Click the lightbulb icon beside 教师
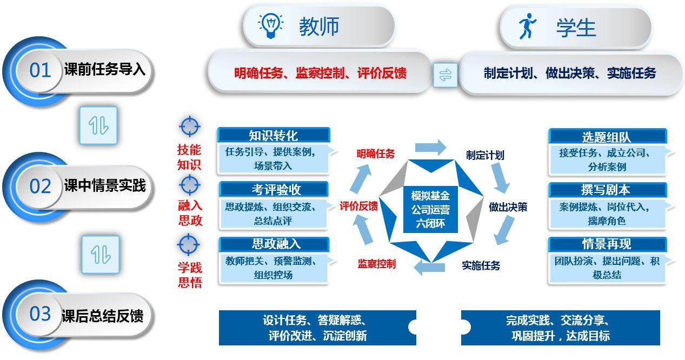click(x=271, y=26)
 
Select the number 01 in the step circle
click(x=40, y=70)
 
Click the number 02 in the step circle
click(x=40, y=186)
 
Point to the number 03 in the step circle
click(x=40, y=314)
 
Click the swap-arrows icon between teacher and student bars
click(x=445, y=75)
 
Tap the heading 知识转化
click(x=273, y=135)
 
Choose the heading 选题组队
click(x=606, y=137)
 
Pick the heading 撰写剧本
click(x=606, y=190)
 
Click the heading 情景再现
click(x=606, y=244)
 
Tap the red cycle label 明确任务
click(x=375, y=154)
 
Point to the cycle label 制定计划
click(x=485, y=155)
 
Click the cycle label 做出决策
click(x=508, y=207)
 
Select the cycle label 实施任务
click(x=481, y=265)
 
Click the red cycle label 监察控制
click(x=376, y=264)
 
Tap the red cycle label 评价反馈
click(x=358, y=206)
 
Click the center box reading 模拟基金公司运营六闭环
click(x=430, y=209)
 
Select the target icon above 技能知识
click(x=189, y=126)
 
